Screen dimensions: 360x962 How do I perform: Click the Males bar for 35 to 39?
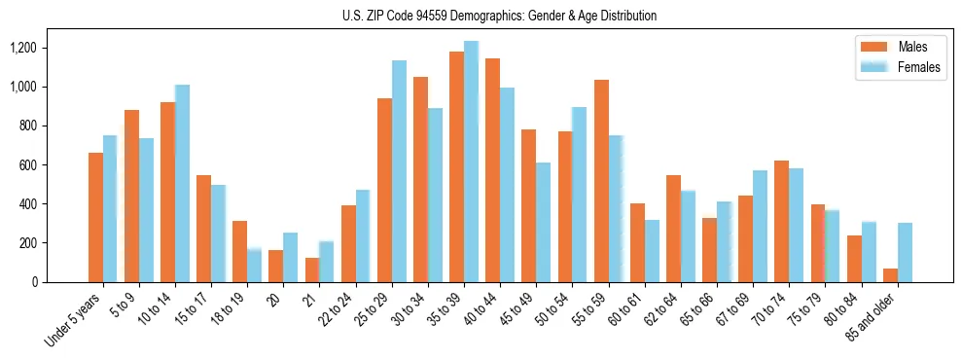(x=456, y=166)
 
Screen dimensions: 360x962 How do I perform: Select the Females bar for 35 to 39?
(x=471, y=162)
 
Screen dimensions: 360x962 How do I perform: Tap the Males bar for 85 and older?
(x=889, y=275)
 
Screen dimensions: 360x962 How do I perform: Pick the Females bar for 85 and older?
(x=904, y=252)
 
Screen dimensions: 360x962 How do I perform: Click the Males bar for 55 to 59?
(x=600, y=181)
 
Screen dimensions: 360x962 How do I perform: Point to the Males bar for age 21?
(x=311, y=270)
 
